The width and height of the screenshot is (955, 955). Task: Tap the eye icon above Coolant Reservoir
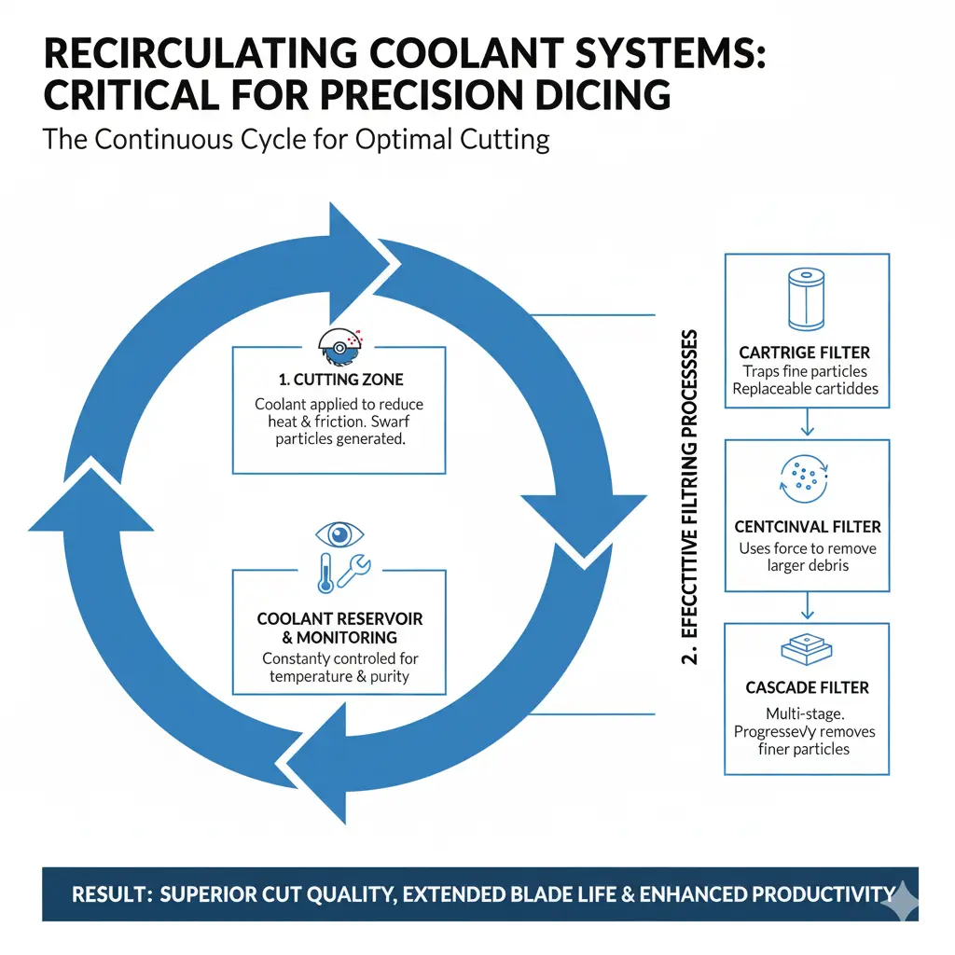(x=339, y=534)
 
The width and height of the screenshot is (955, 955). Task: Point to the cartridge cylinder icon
(x=807, y=299)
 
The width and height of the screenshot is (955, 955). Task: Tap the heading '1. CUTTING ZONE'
(x=339, y=380)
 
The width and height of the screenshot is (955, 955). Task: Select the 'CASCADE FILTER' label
(x=807, y=688)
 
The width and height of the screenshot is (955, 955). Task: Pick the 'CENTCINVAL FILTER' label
(x=807, y=527)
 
